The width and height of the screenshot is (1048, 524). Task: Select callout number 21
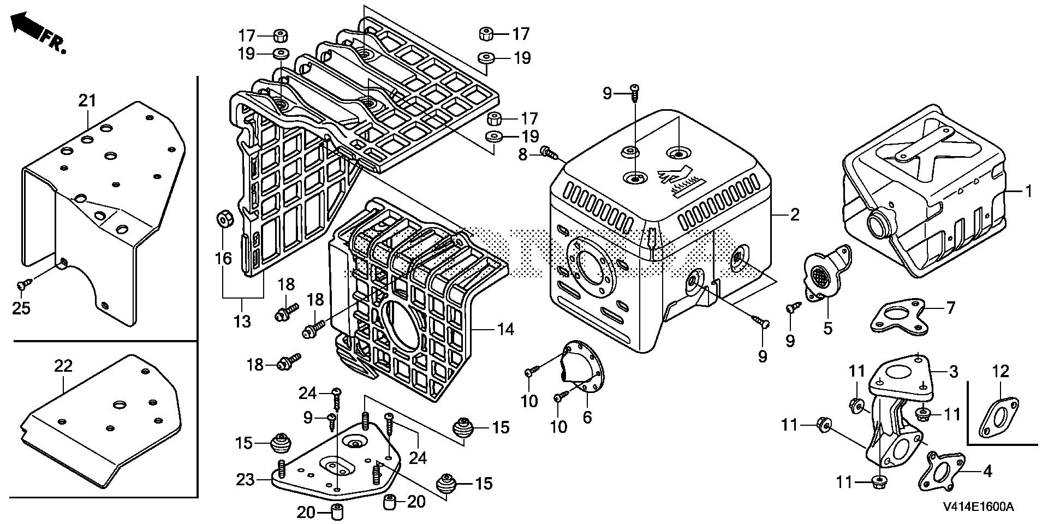click(87, 100)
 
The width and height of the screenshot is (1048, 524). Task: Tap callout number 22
click(63, 365)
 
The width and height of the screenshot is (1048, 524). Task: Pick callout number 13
click(242, 321)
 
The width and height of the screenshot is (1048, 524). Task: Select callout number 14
click(505, 329)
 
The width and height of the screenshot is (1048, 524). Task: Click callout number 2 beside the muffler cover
click(794, 215)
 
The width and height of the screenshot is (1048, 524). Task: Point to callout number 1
click(1028, 192)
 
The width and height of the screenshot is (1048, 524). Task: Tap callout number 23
click(245, 480)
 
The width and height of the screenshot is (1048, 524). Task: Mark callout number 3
click(953, 372)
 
